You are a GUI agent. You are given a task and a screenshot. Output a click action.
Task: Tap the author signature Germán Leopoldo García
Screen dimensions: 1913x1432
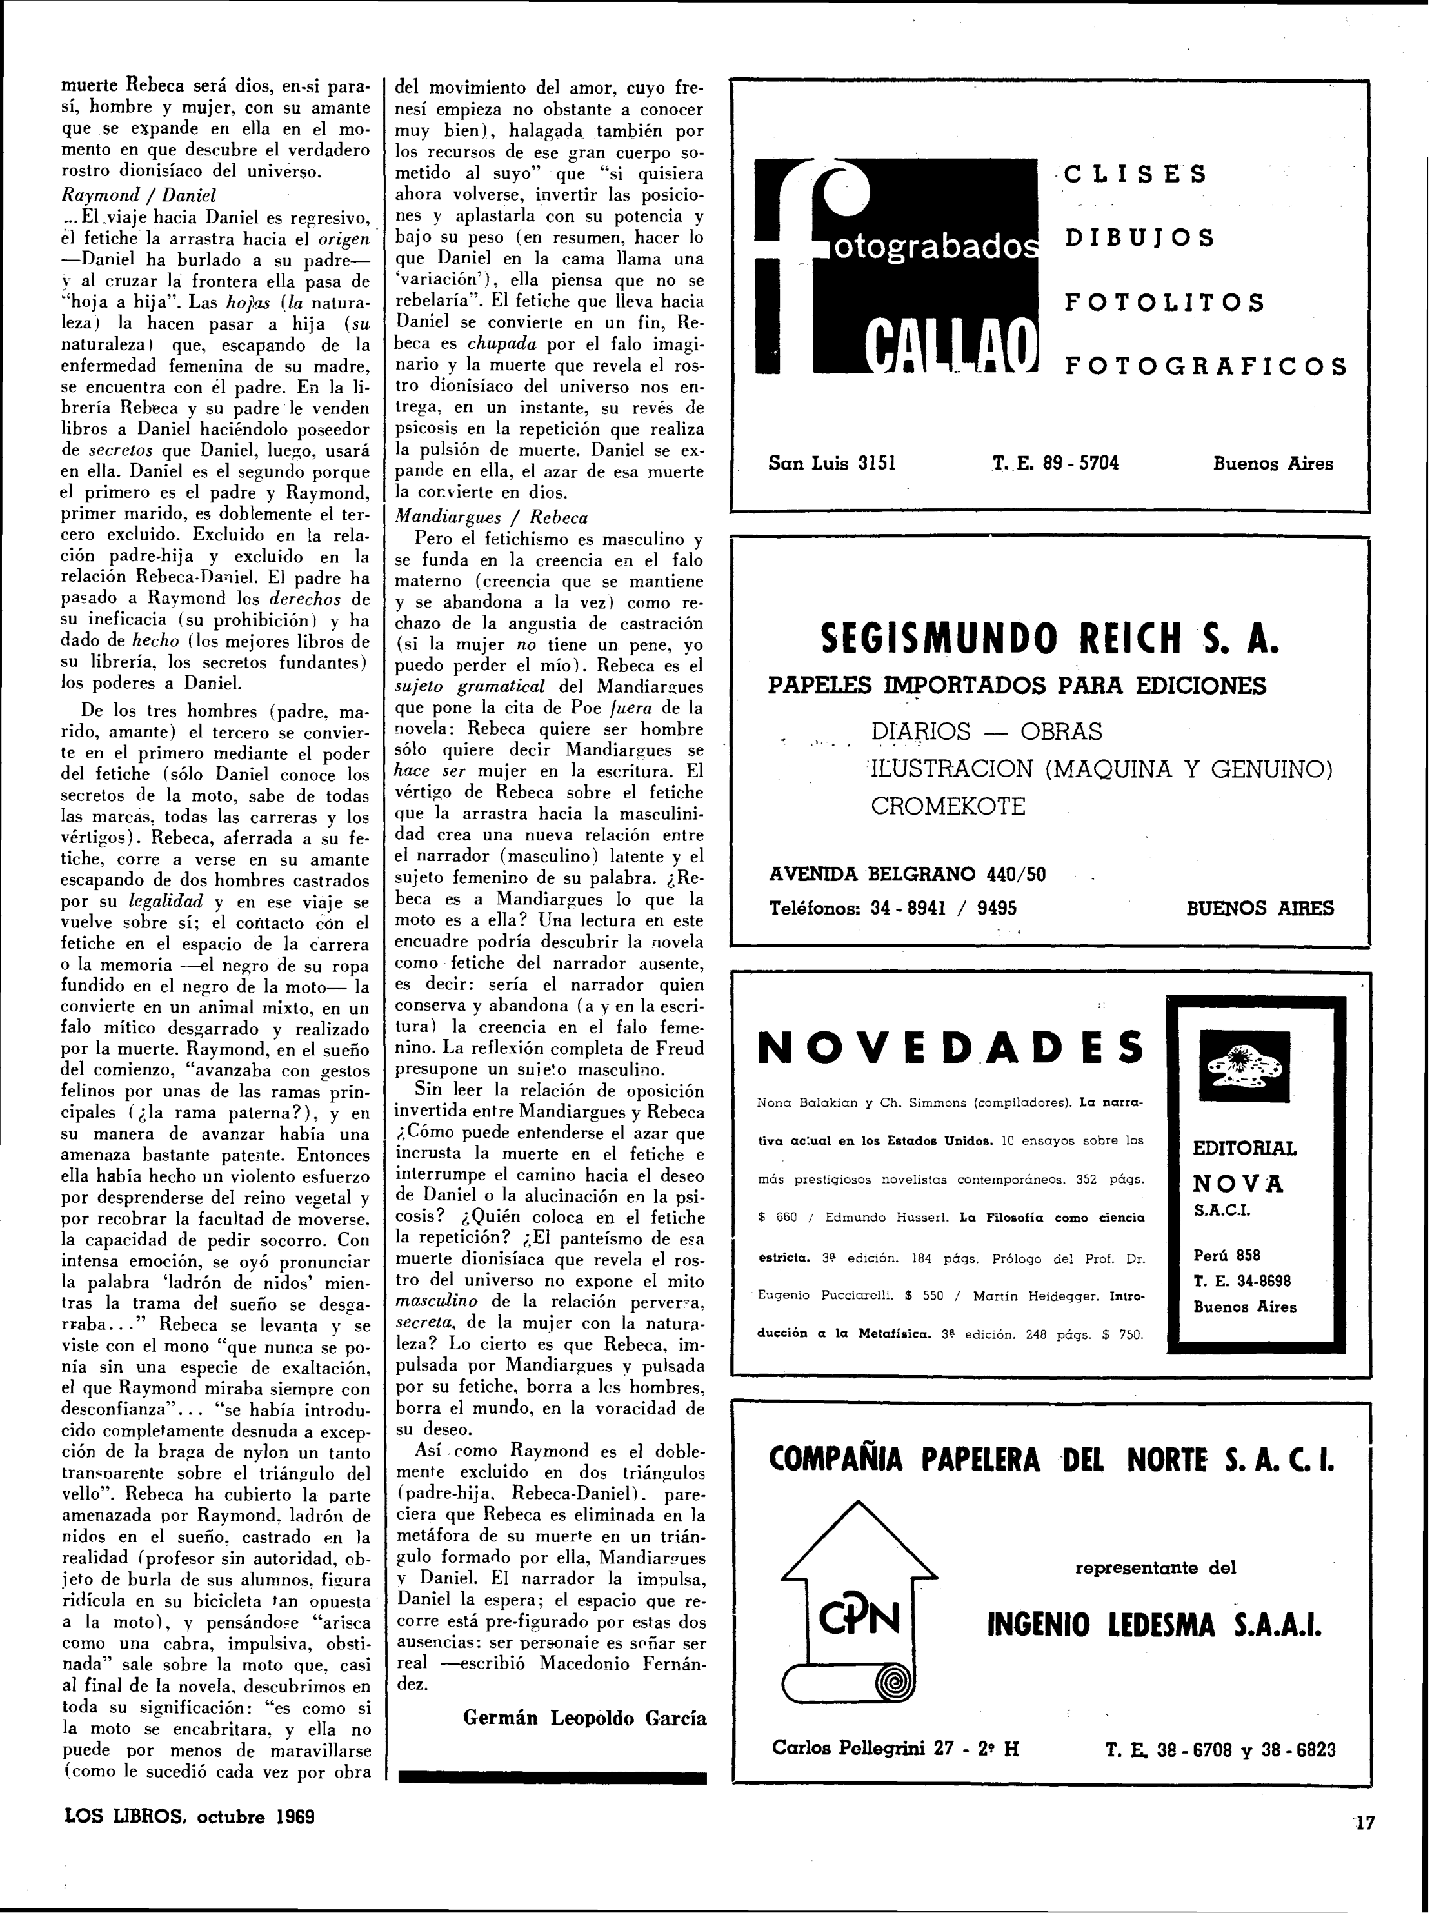[584, 1718]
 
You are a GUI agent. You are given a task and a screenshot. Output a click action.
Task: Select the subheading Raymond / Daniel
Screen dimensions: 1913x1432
[138, 195]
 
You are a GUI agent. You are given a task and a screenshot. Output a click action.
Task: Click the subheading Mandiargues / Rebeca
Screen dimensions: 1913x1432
[490, 517]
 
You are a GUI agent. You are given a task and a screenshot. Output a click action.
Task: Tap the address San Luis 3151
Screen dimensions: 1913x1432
[832, 462]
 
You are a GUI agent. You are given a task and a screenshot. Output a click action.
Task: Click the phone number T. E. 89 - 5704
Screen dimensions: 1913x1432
[1056, 462]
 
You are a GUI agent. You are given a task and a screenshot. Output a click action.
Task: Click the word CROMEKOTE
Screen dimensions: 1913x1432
[948, 806]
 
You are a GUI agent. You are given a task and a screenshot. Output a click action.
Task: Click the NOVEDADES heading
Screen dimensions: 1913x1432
[950, 1048]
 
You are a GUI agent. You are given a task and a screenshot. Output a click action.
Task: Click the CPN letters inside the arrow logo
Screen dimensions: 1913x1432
[860, 1616]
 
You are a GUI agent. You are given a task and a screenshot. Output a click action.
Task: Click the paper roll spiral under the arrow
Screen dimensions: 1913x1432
[891, 1683]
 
